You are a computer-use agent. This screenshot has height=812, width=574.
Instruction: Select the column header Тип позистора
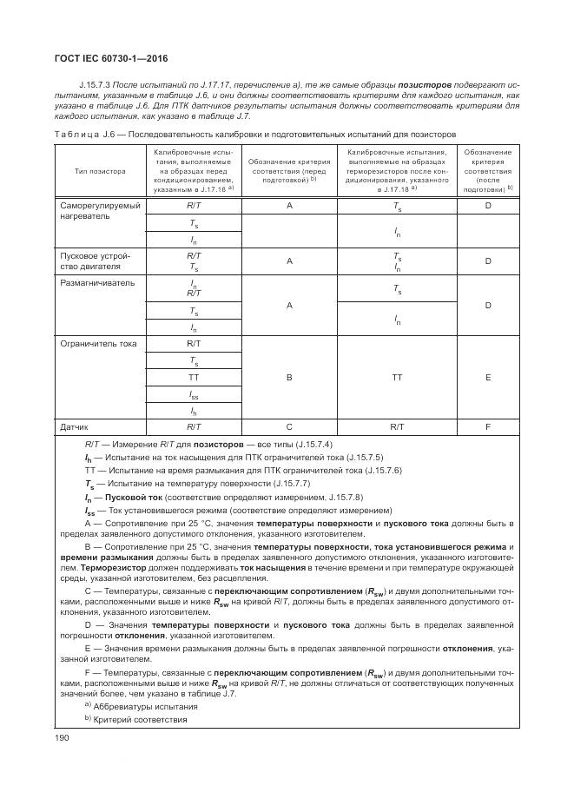99,171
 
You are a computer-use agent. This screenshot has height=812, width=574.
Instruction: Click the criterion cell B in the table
288,378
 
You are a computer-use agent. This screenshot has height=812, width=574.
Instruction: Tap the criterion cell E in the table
487,378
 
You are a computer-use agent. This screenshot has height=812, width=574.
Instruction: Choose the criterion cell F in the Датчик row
487,426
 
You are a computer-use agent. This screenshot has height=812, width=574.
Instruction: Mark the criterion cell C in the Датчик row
288,426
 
